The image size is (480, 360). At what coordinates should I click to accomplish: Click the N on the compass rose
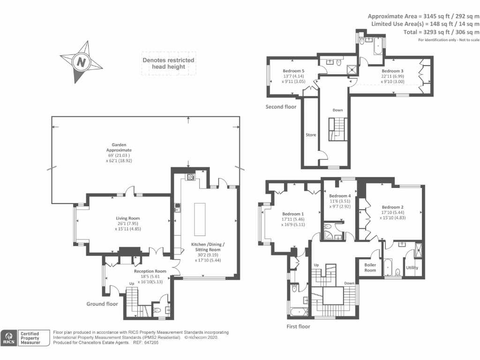point(81,62)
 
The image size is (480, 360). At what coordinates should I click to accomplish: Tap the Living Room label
point(127,218)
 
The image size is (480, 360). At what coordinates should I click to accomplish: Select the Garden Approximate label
point(119,147)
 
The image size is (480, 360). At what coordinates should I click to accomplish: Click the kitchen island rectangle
point(200,219)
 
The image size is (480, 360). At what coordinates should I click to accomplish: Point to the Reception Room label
point(150,271)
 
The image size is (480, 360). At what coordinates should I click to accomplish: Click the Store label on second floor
point(311,135)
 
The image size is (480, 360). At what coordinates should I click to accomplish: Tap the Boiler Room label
point(370,268)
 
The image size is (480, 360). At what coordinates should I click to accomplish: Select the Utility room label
point(412,268)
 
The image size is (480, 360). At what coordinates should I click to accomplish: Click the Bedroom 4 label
point(340,196)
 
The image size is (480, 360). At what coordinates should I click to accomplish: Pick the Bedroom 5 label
point(293,71)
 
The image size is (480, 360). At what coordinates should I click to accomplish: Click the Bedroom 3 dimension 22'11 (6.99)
point(392,76)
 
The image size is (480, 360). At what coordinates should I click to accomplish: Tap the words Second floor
point(281,107)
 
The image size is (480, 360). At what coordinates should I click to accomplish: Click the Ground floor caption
point(102,304)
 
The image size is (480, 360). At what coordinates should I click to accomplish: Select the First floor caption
point(298,327)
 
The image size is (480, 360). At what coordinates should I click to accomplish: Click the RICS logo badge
point(9,338)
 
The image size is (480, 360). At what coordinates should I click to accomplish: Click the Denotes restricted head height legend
point(168,63)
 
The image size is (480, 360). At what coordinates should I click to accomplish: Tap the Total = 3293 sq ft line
point(441,32)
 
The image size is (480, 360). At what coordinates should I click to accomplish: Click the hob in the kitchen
point(190,177)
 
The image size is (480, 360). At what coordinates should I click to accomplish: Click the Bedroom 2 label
point(392,207)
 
